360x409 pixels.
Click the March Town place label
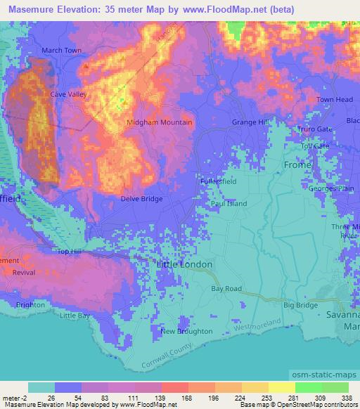61,51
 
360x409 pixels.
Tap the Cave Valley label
67,93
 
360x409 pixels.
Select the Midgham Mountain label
159,122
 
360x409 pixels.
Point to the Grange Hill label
250,122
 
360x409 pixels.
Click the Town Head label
334,100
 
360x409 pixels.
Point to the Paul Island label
229,204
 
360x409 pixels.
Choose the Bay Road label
226,289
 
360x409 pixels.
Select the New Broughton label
186,331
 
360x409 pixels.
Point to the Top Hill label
70,251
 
